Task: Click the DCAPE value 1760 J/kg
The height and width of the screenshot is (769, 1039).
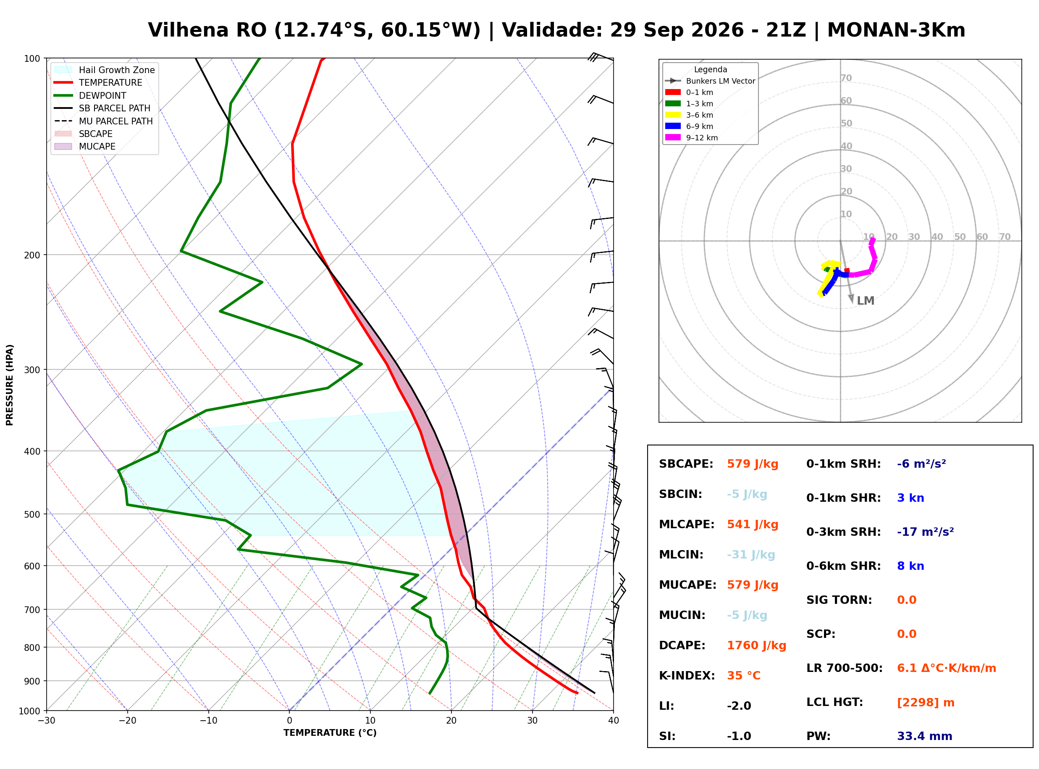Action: pyautogui.click(x=756, y=645)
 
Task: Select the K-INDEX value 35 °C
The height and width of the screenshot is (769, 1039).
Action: pyautogui.click(x=744, y=676)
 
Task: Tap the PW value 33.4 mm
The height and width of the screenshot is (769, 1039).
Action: pyautogui.click(x=925, y=736)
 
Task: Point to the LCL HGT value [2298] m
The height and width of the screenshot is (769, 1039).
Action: pyautogui.click(x=926, y=703)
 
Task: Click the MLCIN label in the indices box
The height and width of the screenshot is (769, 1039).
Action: pyautogui.click(x=681, y=555)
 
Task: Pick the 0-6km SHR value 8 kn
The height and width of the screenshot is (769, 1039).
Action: pyautogui.click(x=910, y=566)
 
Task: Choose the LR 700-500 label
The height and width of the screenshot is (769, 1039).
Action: pyautogui.click(x=845, y=669)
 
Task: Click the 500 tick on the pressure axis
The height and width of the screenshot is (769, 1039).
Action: pyautogui.click(x=31, y=514)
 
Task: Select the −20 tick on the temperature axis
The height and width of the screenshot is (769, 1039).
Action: pyautogui.click(x=127, y=721)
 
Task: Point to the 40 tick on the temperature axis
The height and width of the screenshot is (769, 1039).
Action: pyautogui.click(x=614, y=721)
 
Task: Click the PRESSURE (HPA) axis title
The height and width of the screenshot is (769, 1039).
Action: pyautogui.click(x=10, y=385)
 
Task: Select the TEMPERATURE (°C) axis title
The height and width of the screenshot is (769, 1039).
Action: pyautogui.click(x=330, y=733)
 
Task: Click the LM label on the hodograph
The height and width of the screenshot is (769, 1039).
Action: pyautogui.click(x=866, y=301)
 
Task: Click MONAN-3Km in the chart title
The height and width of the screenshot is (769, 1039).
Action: pyautogui.click(x=896, y=30)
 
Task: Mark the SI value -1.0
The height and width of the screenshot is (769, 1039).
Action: pyautogui.click(x=739, y=736)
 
